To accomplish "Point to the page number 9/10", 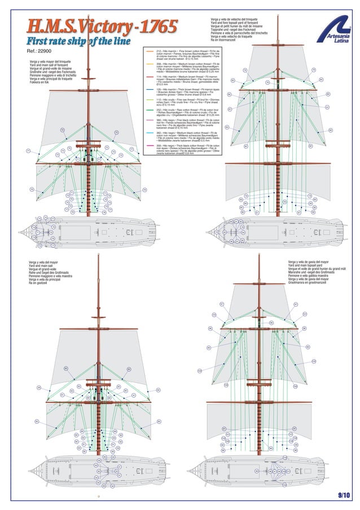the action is point(344,495).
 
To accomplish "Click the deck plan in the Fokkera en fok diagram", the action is point(79,232).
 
